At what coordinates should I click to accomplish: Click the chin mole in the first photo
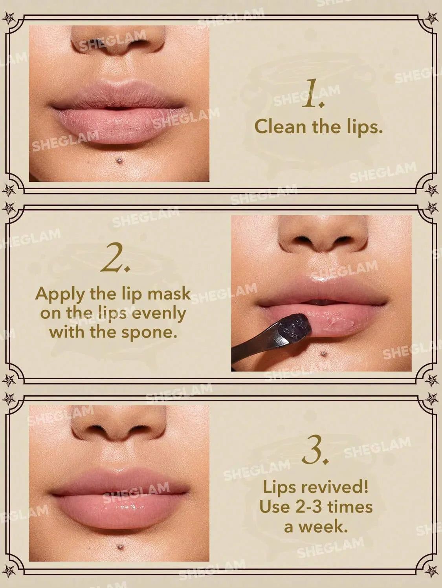(x=118, y=160)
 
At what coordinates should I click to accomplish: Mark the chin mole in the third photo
(x=119, y=545)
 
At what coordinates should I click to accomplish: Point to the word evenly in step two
(x=158, y=313)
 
